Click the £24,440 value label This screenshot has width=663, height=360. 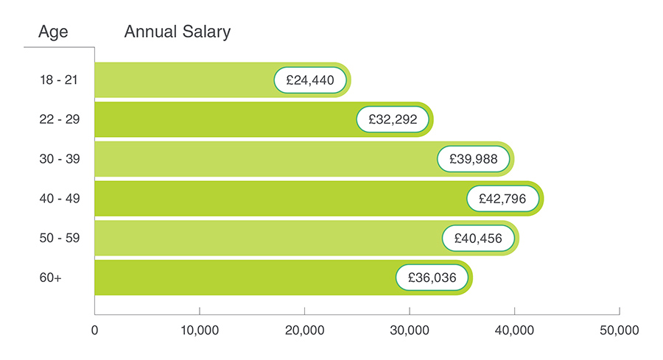point(309,80)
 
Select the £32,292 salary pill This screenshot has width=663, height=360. point(392,119)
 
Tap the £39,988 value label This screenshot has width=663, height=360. point(473,159)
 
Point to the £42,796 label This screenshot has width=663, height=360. point(502,199)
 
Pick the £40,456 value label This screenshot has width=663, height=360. point(478,239)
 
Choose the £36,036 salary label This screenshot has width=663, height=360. point(432,278)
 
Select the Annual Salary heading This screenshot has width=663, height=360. point(178,32)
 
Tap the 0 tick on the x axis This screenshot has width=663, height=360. point(95,331)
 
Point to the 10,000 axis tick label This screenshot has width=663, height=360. point(200,331)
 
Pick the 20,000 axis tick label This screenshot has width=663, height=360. point(304,331)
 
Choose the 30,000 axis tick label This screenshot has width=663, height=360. point(409,331)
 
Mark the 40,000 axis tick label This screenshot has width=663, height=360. point(514,331)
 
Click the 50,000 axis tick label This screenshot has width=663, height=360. point(619,331)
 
